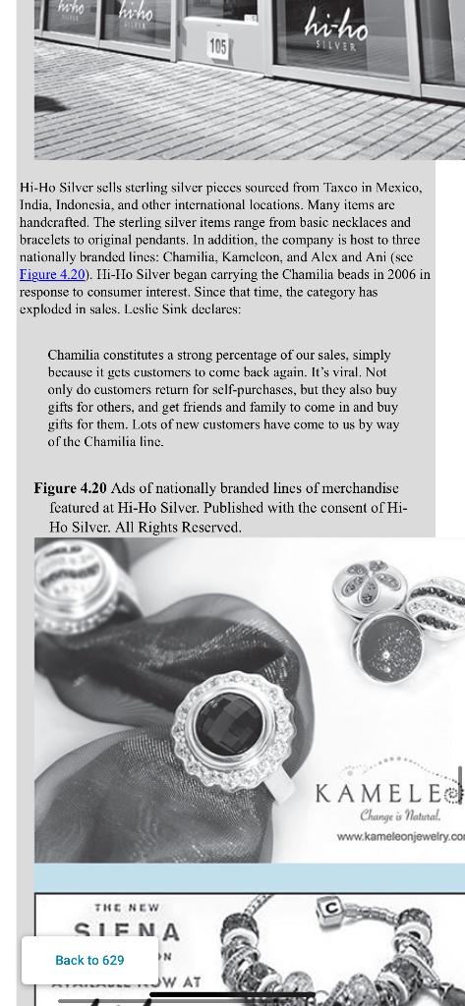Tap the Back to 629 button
89,960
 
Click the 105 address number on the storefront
217,47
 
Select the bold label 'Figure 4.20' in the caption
70,488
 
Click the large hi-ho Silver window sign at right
337,28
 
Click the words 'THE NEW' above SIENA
127,908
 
